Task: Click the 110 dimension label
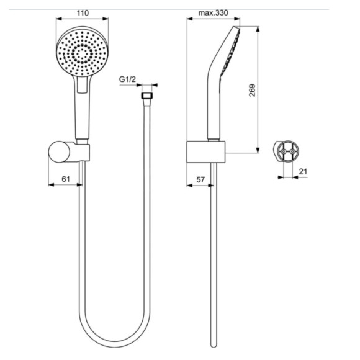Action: (x=83, y=11)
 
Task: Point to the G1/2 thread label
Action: (x=128, y=79)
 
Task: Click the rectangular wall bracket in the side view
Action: (x=205, y=151)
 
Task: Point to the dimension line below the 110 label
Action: (x=83, y=19)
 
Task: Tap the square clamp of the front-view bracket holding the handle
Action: (x=82, y=151)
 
